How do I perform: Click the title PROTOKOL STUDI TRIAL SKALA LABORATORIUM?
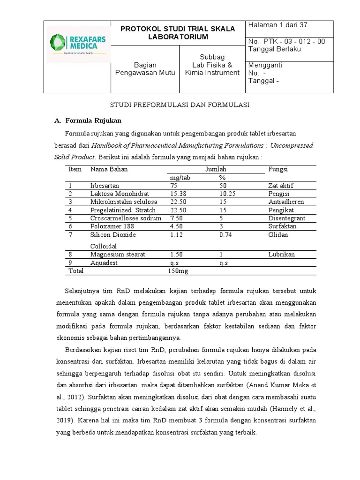(178, 32)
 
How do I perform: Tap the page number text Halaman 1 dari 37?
(277, 25)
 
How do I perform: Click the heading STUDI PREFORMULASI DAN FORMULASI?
(180, 105)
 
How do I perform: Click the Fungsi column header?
(277, 169)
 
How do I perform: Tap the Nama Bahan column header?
(109, 169)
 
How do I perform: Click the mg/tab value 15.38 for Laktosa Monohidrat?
(178, 194)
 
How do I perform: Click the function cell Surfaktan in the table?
(282, 226)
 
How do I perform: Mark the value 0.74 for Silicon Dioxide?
(225, 235)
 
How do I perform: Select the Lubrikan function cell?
(281, 255)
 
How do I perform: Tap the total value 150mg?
(177, 271)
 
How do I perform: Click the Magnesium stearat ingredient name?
(118, 255)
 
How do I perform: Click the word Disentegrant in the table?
(286, 218)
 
